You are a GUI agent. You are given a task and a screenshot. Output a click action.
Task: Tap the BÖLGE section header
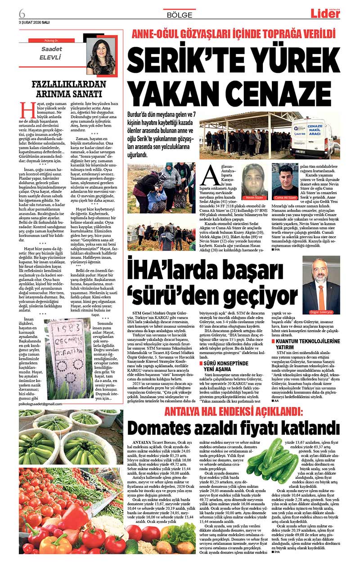click(180, 14)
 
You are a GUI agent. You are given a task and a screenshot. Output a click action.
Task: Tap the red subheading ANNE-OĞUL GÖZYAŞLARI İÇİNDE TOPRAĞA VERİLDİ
click(233, 34)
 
